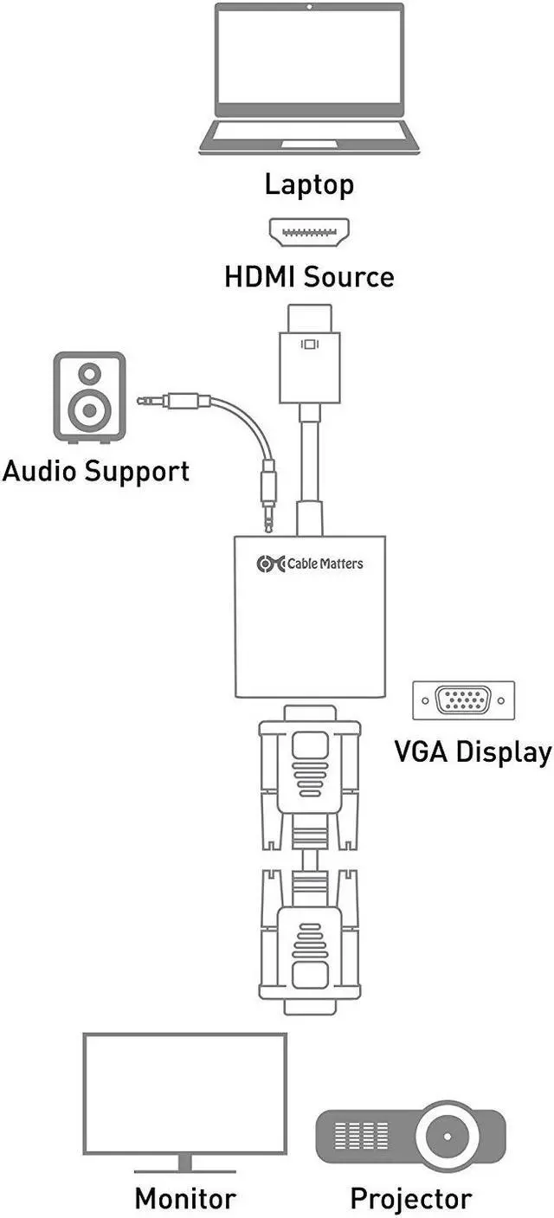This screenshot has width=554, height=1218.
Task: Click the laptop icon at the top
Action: click(309, 78)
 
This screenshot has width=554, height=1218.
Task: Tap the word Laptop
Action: click(309, 184)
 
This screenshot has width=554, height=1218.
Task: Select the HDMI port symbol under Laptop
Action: click(309, 232)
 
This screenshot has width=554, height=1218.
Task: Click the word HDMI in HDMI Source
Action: click(261, 277)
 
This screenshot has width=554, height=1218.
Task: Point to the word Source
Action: click(349, 277)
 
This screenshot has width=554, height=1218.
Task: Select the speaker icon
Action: click(89, 397)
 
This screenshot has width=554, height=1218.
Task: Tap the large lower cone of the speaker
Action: click(89, 410)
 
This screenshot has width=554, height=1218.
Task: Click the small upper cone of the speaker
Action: click(89, 374)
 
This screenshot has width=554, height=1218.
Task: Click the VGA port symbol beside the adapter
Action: click(463, 700)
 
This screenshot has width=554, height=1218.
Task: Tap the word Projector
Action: click(410, 1199)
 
